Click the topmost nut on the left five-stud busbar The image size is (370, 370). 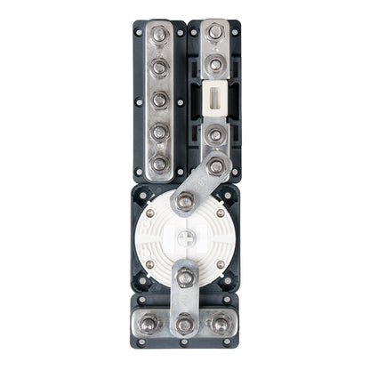[159, 36]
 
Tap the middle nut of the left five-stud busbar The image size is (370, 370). [159, 100]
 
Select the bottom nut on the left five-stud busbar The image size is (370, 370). [159, 164]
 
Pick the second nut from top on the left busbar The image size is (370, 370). [159, 68]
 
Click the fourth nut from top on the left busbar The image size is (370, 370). [159, 133]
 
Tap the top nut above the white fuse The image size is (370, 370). [215, 33]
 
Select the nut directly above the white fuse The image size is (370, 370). [215, 64]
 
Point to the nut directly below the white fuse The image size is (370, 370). [215, 136]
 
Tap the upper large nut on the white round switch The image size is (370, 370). [184, 202]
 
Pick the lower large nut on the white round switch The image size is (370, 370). [185, 278]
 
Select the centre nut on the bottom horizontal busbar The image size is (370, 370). [185, 325]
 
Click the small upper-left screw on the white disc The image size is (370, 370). [149, 213]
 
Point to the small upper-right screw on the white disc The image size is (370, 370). [221, 213]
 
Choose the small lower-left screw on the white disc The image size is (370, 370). [149, 264]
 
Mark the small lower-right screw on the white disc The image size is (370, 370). [221, 264]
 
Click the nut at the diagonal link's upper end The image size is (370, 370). [215, 166]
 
